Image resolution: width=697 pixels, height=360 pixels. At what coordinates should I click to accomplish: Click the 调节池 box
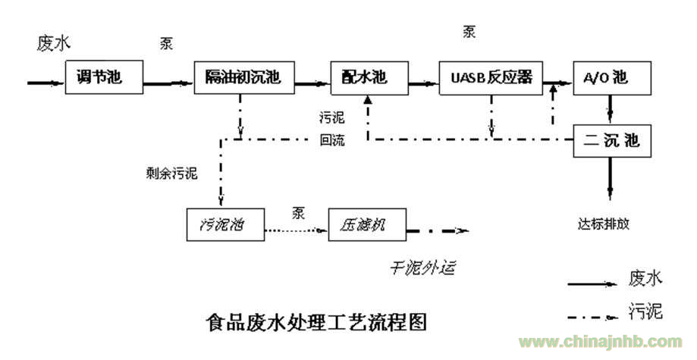click(x=104, y=77)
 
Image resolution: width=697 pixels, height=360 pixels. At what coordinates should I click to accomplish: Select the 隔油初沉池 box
click(x=244, y=77)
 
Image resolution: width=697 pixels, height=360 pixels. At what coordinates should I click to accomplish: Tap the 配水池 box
click(x=369, y=78)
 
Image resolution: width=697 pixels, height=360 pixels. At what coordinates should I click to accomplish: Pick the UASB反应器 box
click(x=491, y=78)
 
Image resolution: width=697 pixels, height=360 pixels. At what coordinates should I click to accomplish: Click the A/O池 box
click(x=612, y=78)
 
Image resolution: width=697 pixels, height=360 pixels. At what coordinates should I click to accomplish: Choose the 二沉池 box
click(x=612, y=141)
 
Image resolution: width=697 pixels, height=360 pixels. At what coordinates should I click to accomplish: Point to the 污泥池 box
click(x=225, y=225)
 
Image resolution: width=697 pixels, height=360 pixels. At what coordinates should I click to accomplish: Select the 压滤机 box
click(x=367, y=225)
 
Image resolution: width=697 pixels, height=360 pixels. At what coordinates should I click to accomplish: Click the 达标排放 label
click(x=604, y=224)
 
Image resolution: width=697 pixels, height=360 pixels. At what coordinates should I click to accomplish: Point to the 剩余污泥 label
click(x=171, y=173)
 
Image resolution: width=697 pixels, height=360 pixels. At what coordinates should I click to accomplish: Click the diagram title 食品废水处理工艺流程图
click(x=316, y=322)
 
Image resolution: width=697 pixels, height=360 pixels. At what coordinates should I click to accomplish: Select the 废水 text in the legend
click(x=645, y=279)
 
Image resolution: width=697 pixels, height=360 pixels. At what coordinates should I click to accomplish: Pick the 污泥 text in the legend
click(x=645, y=311)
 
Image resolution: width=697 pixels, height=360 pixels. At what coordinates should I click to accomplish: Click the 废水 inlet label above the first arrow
click(x=53, y=43)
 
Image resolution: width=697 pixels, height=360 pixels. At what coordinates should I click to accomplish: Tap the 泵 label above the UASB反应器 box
click(x=469, y=32)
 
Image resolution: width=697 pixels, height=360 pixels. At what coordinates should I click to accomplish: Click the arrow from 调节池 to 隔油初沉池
click(x=168, y=83)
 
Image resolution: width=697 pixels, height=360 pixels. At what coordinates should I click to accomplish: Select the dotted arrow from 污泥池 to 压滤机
click(x=297, y=230)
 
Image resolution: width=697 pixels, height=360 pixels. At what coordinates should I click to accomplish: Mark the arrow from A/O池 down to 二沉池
click(x=611, y=110)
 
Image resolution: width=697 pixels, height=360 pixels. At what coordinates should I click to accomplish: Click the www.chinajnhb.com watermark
click(x=601, y=343)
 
